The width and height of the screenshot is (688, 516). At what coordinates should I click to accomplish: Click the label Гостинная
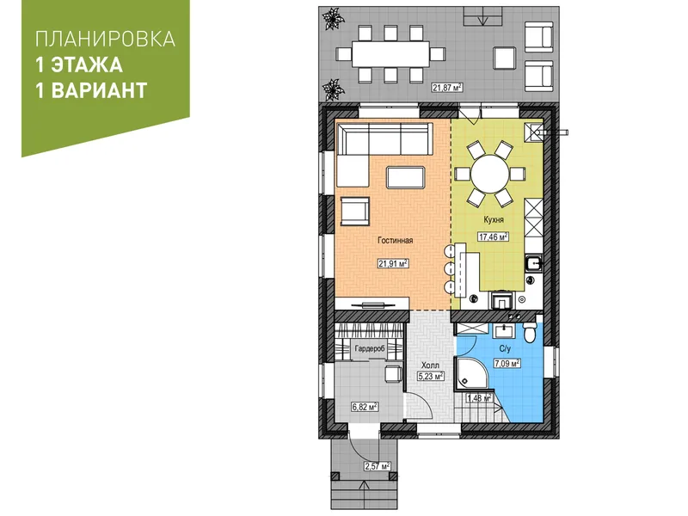396,241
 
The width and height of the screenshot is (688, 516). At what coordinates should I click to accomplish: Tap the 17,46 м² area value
493,237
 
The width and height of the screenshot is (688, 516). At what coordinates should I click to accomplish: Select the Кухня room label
494,219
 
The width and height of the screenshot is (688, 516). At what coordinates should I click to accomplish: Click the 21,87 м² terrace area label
447,88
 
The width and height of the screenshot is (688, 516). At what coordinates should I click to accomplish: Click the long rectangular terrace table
390,54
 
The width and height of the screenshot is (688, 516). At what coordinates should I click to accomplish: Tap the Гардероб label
370,348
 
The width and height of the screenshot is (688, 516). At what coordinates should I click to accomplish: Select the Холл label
430,365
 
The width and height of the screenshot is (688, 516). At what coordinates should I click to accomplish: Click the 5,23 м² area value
430,376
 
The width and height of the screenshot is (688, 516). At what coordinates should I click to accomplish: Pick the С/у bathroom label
505,349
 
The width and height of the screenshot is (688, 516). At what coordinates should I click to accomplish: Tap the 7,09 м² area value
507,363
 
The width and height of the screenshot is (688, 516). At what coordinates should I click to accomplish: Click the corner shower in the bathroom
473,373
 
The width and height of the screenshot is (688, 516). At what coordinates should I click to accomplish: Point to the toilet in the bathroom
530,333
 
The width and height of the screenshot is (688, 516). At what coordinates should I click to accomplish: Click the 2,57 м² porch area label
378,466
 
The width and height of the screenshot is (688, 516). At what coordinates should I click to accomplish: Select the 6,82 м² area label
365,407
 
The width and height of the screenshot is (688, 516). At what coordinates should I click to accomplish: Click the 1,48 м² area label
479,398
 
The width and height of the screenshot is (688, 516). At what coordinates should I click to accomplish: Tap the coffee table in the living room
405,177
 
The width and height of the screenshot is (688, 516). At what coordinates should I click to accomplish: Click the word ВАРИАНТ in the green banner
99,90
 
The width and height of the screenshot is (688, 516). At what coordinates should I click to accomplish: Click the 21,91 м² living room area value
393,263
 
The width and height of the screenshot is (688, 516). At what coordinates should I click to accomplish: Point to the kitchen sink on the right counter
534,263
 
